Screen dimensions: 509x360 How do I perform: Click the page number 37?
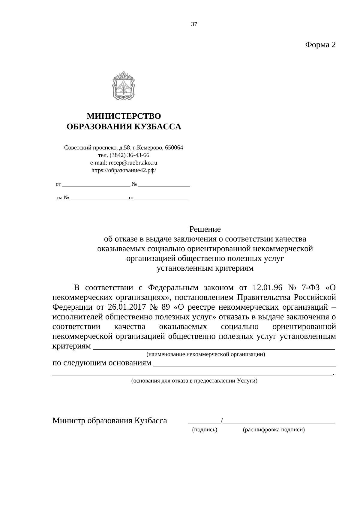click(194, 25)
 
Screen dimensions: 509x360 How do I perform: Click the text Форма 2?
click(320, 45)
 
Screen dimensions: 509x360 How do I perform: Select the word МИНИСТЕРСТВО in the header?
click(124, 116)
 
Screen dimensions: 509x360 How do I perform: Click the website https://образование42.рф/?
click(124, 170)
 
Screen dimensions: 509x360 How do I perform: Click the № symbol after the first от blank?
click(134, 184)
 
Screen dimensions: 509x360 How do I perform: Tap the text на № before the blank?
click(63, 198)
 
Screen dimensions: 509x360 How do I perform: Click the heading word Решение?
click(205, 229)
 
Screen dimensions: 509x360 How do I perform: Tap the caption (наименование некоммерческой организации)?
click(205, 355)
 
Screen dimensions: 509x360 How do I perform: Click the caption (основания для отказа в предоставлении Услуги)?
click(194, 381)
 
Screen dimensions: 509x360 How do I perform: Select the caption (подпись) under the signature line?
click(205, 430)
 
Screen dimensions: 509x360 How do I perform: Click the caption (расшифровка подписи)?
click(274, 430)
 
